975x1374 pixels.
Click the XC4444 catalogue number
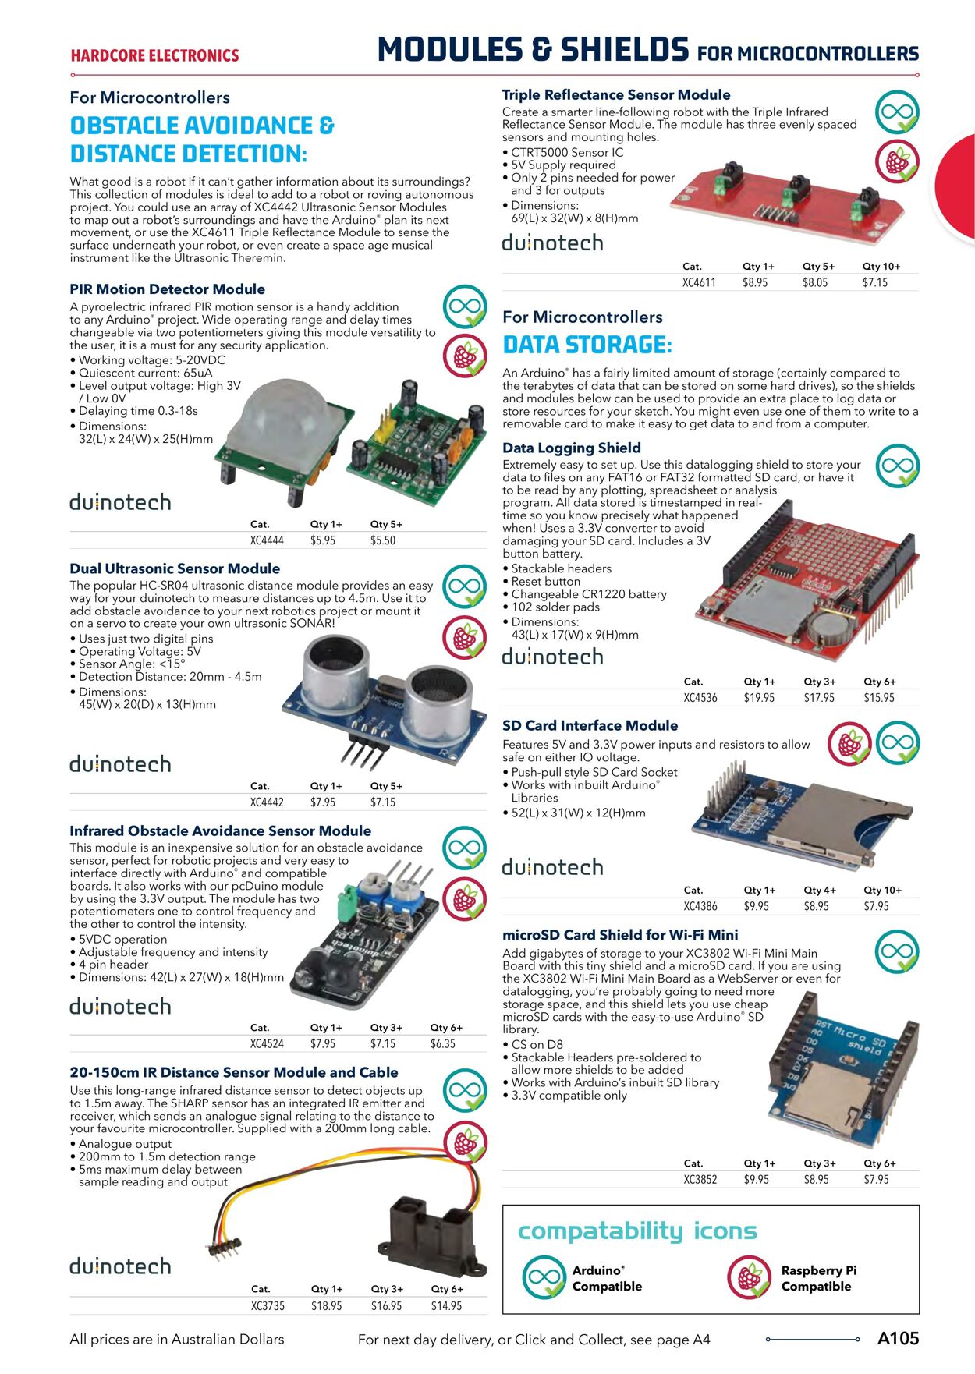tap(267, 540)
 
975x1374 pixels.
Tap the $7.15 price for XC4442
tap(383, 802)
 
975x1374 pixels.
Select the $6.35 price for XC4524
tap(442, 1044)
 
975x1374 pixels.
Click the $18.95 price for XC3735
tap(326, 1306)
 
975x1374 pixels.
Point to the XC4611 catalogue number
tap(699, 283)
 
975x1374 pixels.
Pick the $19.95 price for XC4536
tap(759, 699)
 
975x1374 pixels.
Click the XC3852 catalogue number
tap(700, 1180)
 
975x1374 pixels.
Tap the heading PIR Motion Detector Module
tap(167, 289)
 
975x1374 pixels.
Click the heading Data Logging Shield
tap(571, 448)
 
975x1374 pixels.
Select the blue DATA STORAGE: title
tap(587, 345)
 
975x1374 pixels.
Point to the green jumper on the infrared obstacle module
tap(342, 906)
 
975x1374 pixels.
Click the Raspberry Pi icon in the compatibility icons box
tap(750, 1278)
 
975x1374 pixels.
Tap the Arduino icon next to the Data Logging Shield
tap(898, 466)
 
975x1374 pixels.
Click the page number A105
tap(898, 1339)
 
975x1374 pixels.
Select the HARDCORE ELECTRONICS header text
tap(154, 56)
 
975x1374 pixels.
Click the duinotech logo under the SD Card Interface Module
tap(552, 867)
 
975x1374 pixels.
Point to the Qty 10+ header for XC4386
tap(882, 891)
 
